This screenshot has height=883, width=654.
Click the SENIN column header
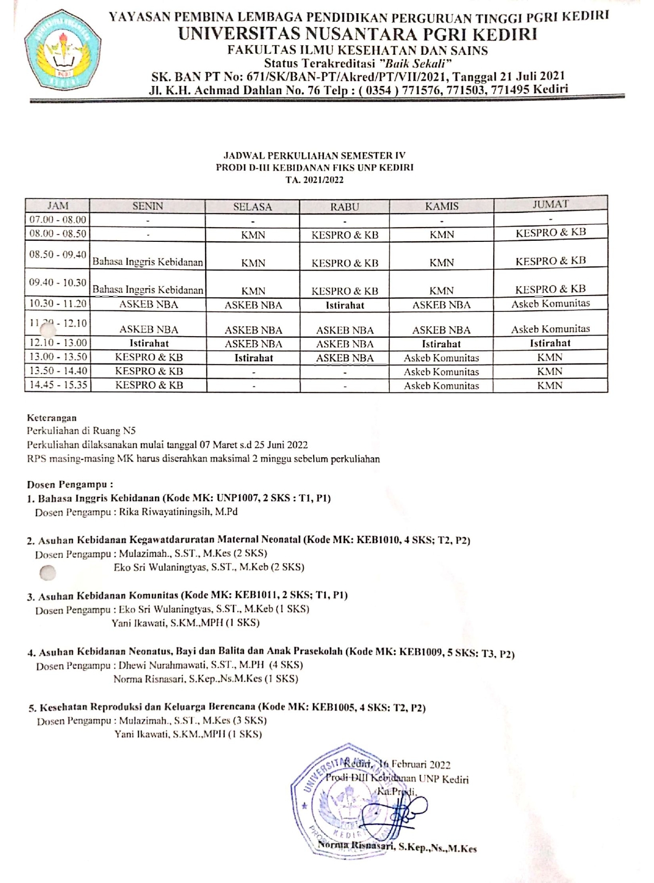point(148,206)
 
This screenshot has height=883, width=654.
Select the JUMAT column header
point(550,204)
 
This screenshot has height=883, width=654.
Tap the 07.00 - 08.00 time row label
point(57,220)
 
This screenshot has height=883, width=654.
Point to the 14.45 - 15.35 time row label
point(57,385)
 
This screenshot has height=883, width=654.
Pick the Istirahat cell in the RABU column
point(344,305)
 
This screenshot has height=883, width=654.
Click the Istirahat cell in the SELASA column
point(253,358)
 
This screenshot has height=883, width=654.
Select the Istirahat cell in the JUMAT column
point(550,343)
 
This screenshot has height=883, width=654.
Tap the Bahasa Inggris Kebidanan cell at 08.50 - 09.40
point(148,262)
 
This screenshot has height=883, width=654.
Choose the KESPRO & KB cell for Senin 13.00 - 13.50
point(149,357)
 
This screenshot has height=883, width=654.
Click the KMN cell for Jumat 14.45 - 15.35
point(550,385)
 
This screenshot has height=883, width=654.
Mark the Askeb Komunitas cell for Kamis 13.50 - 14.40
point(441,371)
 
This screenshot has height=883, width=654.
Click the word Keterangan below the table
point(52,418)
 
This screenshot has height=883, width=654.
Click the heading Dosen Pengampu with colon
point(70,484)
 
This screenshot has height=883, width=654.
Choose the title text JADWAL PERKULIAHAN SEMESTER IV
point(314,156)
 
